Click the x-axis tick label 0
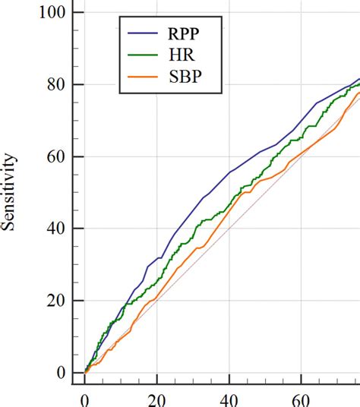coord(84,399)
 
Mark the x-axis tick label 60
coord(301,399)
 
